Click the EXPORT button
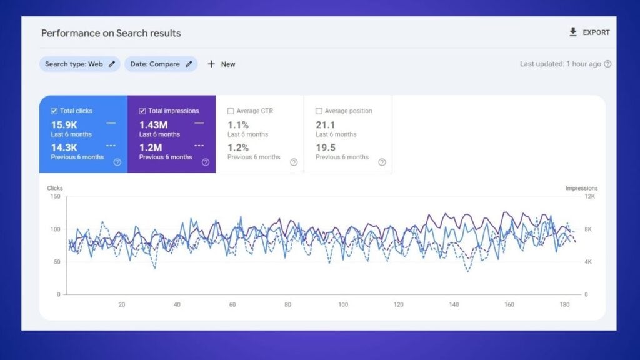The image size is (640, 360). (589, 32)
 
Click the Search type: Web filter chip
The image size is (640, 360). (79, 64)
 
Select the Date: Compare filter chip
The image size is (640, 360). (161, 64)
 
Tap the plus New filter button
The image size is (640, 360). (221, 64)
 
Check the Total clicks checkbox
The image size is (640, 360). (54, 111)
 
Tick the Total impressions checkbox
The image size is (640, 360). (142, 111)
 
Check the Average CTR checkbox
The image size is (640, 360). (231, 111)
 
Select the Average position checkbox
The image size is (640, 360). (319, 111)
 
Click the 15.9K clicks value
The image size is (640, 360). (64, 125)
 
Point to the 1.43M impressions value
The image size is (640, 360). (153, 125)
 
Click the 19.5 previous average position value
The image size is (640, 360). (326, 147)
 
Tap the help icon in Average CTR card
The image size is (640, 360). (294, 162)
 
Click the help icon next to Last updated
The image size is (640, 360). (607, 64)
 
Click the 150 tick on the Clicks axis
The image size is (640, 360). (56, 197)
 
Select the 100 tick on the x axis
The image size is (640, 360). (343, 304)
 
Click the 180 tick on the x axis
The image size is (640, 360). (564, 304)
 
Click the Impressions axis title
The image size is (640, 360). (581, 188)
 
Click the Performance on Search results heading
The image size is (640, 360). (111, 33)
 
